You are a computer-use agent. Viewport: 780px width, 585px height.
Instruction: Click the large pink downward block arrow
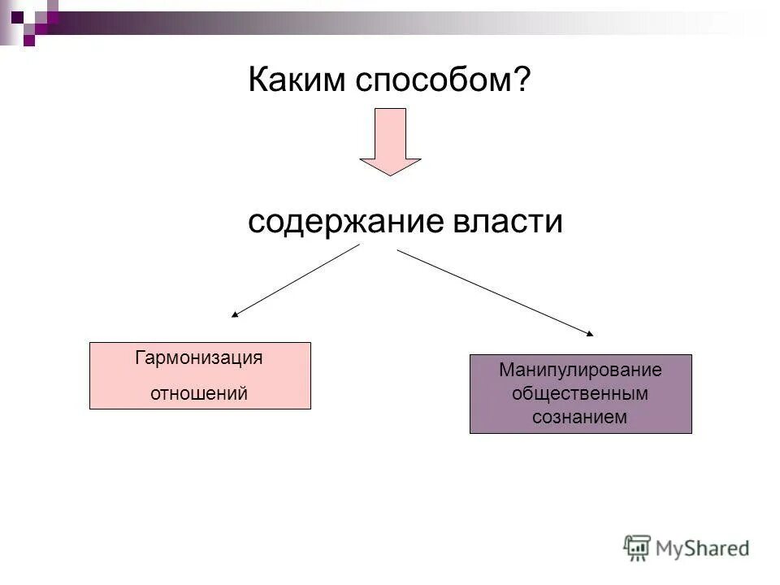[390, 138]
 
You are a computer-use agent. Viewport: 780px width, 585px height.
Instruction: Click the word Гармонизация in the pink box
[199, 358]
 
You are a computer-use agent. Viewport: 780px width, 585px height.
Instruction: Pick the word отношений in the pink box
[199, 393]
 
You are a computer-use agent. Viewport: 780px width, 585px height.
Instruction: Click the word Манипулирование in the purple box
[580, 370]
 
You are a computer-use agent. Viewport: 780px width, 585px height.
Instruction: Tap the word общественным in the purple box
[580, 394]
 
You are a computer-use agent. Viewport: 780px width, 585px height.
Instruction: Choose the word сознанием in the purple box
[580, 418]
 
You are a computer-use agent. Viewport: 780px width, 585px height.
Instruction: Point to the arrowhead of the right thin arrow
[590, 333]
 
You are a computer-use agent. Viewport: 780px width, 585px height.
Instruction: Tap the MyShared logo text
[704, 548]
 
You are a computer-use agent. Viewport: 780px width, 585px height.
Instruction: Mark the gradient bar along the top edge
[406, 18]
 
